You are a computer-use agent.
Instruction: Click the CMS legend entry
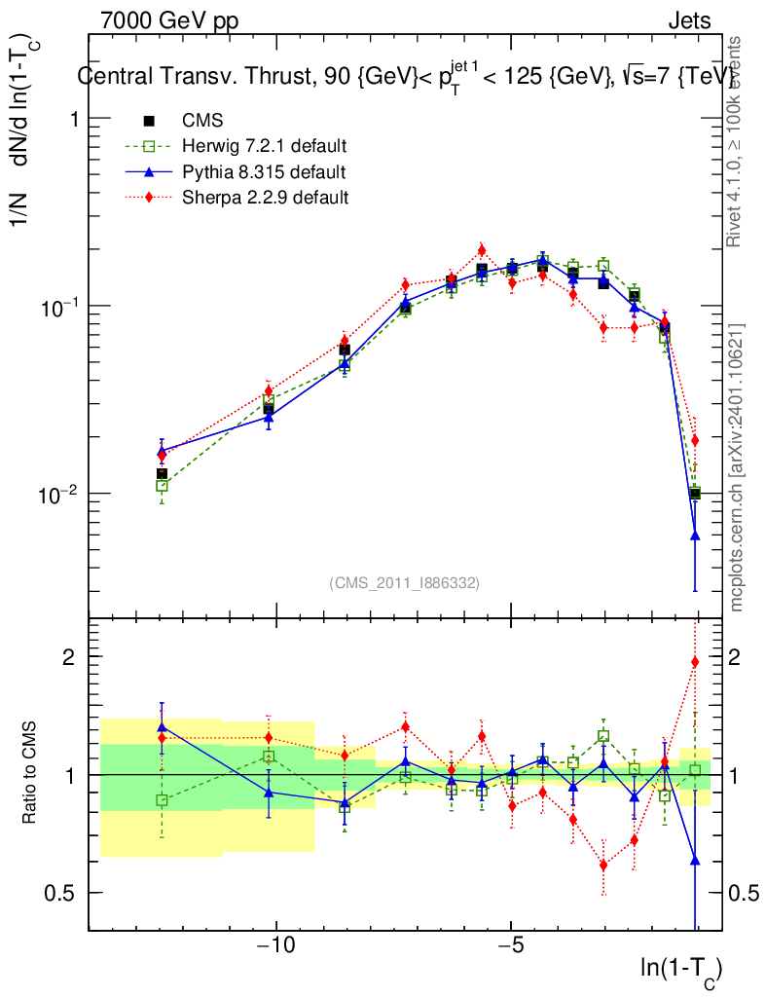(x=202, y=121)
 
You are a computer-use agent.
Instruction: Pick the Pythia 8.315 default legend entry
(x=263, y=172)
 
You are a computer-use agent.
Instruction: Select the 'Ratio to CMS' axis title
(x=31, y=775)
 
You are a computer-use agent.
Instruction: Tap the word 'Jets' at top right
(x=688, y=20)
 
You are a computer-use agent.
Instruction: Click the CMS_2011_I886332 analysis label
(x=404, y=582)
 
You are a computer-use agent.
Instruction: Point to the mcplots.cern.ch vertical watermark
(x=738, y=467)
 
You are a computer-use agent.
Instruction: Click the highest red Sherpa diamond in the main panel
(x=481, y=250)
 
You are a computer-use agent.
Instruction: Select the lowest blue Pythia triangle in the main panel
(x=695, y=535)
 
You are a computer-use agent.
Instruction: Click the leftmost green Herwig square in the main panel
(x=163, y=485)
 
